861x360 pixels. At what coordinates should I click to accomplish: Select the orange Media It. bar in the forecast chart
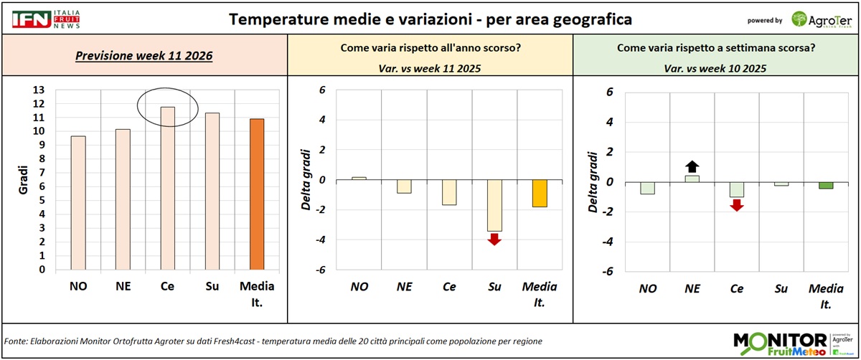click(257, 194)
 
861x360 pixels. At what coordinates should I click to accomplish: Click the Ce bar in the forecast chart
click(167, 189)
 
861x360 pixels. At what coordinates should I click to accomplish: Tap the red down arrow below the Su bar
click(494, 239)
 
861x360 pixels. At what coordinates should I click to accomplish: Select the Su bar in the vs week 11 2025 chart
click(494, 205)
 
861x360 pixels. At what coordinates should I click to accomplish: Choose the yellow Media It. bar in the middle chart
click(539, 194)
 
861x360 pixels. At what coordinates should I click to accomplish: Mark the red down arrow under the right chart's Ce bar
click(737, 205)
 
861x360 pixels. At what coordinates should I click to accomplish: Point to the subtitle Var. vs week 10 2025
click(716, 69)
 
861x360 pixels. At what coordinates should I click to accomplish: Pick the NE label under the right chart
click(692, 288)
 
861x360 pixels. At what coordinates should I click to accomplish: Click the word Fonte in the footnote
click(17, 341)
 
